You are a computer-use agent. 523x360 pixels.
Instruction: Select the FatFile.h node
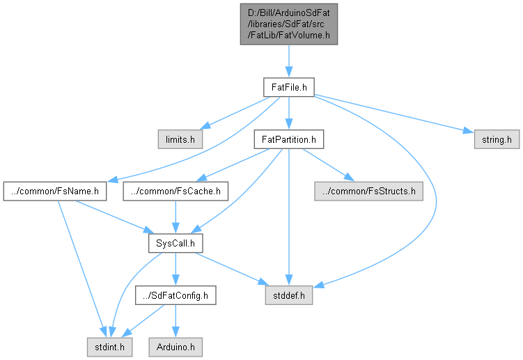289,87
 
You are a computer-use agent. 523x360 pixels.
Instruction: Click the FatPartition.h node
289,139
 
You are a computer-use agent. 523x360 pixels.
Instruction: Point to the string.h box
497,139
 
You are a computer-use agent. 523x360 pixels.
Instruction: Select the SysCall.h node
175,244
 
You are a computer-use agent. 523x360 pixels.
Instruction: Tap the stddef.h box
289,296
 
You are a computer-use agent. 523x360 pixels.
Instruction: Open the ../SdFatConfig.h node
175,296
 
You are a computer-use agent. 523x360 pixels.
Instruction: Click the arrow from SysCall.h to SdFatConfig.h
175,269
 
